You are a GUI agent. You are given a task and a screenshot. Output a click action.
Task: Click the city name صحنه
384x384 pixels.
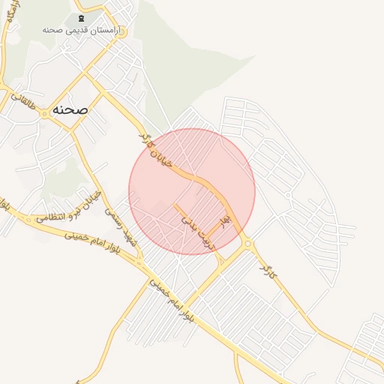70,109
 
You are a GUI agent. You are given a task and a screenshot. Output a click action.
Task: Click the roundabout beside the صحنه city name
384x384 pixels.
43,113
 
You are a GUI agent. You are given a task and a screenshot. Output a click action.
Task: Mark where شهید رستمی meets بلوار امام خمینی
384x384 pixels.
140,262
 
